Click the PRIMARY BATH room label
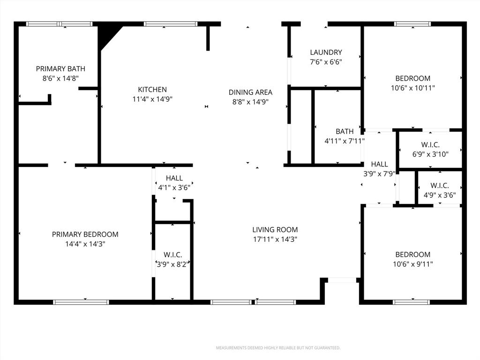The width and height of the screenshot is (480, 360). (60, 69)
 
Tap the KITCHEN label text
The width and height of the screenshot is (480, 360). (152, 90)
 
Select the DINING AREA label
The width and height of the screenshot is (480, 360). (250, 92)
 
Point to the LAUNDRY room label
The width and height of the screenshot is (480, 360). (326, 52)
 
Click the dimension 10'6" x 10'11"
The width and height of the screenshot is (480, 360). (413, 88)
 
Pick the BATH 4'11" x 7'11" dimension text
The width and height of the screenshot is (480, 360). (345, 141)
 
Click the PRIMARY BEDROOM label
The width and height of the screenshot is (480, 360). (85, 234)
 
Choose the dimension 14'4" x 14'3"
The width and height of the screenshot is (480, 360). (85, 244)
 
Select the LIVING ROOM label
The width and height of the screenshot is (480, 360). (275, 230)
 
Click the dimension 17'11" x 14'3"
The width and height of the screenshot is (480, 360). (275, 240)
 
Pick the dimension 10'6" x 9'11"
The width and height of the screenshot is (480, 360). (413, 264)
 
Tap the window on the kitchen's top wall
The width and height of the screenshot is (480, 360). (171, 24)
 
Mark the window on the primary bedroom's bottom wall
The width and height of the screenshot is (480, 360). (81, 302)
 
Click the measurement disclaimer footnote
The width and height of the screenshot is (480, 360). (278, 348)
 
